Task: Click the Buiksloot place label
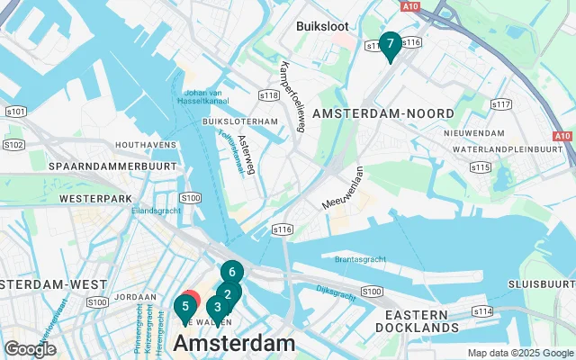point(323,26)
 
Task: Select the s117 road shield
point(502,105)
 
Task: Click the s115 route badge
point(481,167)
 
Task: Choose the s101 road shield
point(15,112)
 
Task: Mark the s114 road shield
point(482,310)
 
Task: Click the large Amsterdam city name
point(234,343)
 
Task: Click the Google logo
point(31,349)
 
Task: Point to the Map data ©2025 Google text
point(519,353)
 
